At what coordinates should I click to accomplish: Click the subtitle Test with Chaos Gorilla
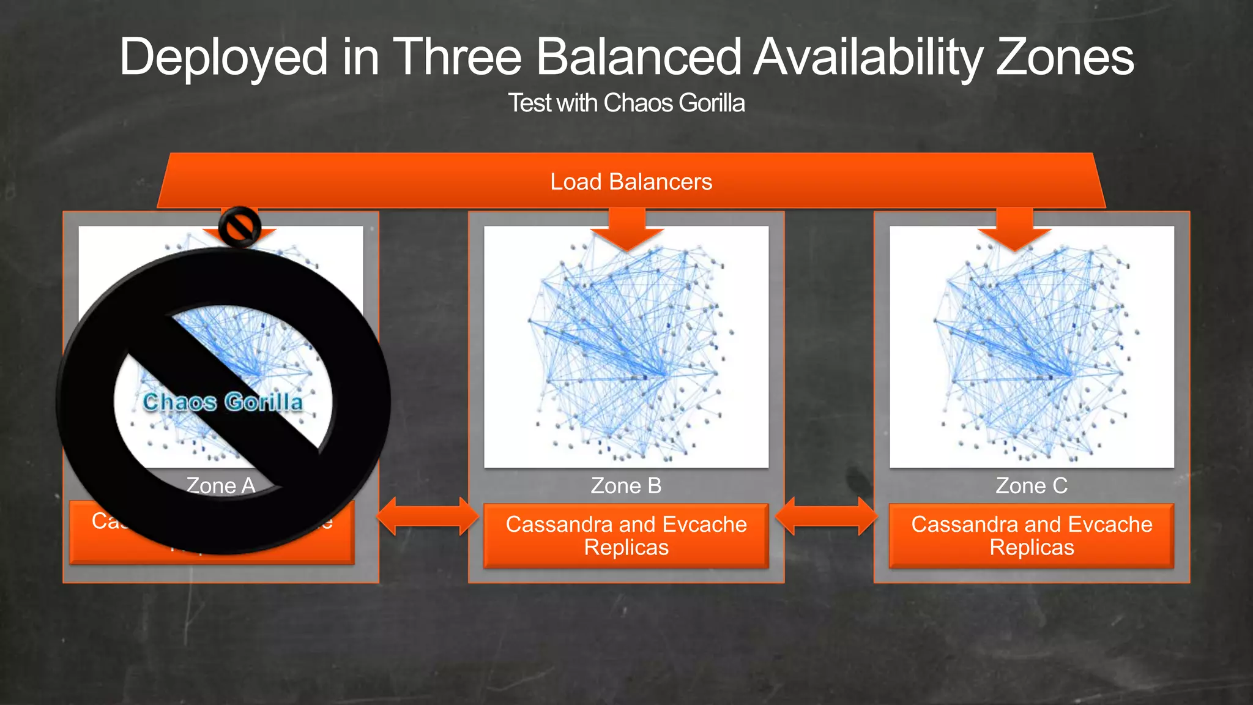[x=626, y=103]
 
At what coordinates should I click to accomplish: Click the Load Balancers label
[x=631, y=182]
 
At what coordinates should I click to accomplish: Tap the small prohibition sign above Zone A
[x=240, y=226]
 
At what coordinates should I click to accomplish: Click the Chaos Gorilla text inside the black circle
[x=223, y=402]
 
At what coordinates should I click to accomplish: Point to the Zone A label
[x=221, y=485]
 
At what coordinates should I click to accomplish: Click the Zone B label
[x=626, y=485]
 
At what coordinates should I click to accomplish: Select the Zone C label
[x=1032, y=485]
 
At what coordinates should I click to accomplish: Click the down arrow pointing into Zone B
[x=627, y=229]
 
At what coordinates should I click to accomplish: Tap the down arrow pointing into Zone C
[x=1014, y=229]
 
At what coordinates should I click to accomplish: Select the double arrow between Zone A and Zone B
[x=427, y=516]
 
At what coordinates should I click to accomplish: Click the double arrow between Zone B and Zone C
[x=826, y=516]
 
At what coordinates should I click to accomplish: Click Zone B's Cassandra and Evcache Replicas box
[x=626, y=535]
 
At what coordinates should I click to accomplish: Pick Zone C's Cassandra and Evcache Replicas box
[x=1032, y=535]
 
